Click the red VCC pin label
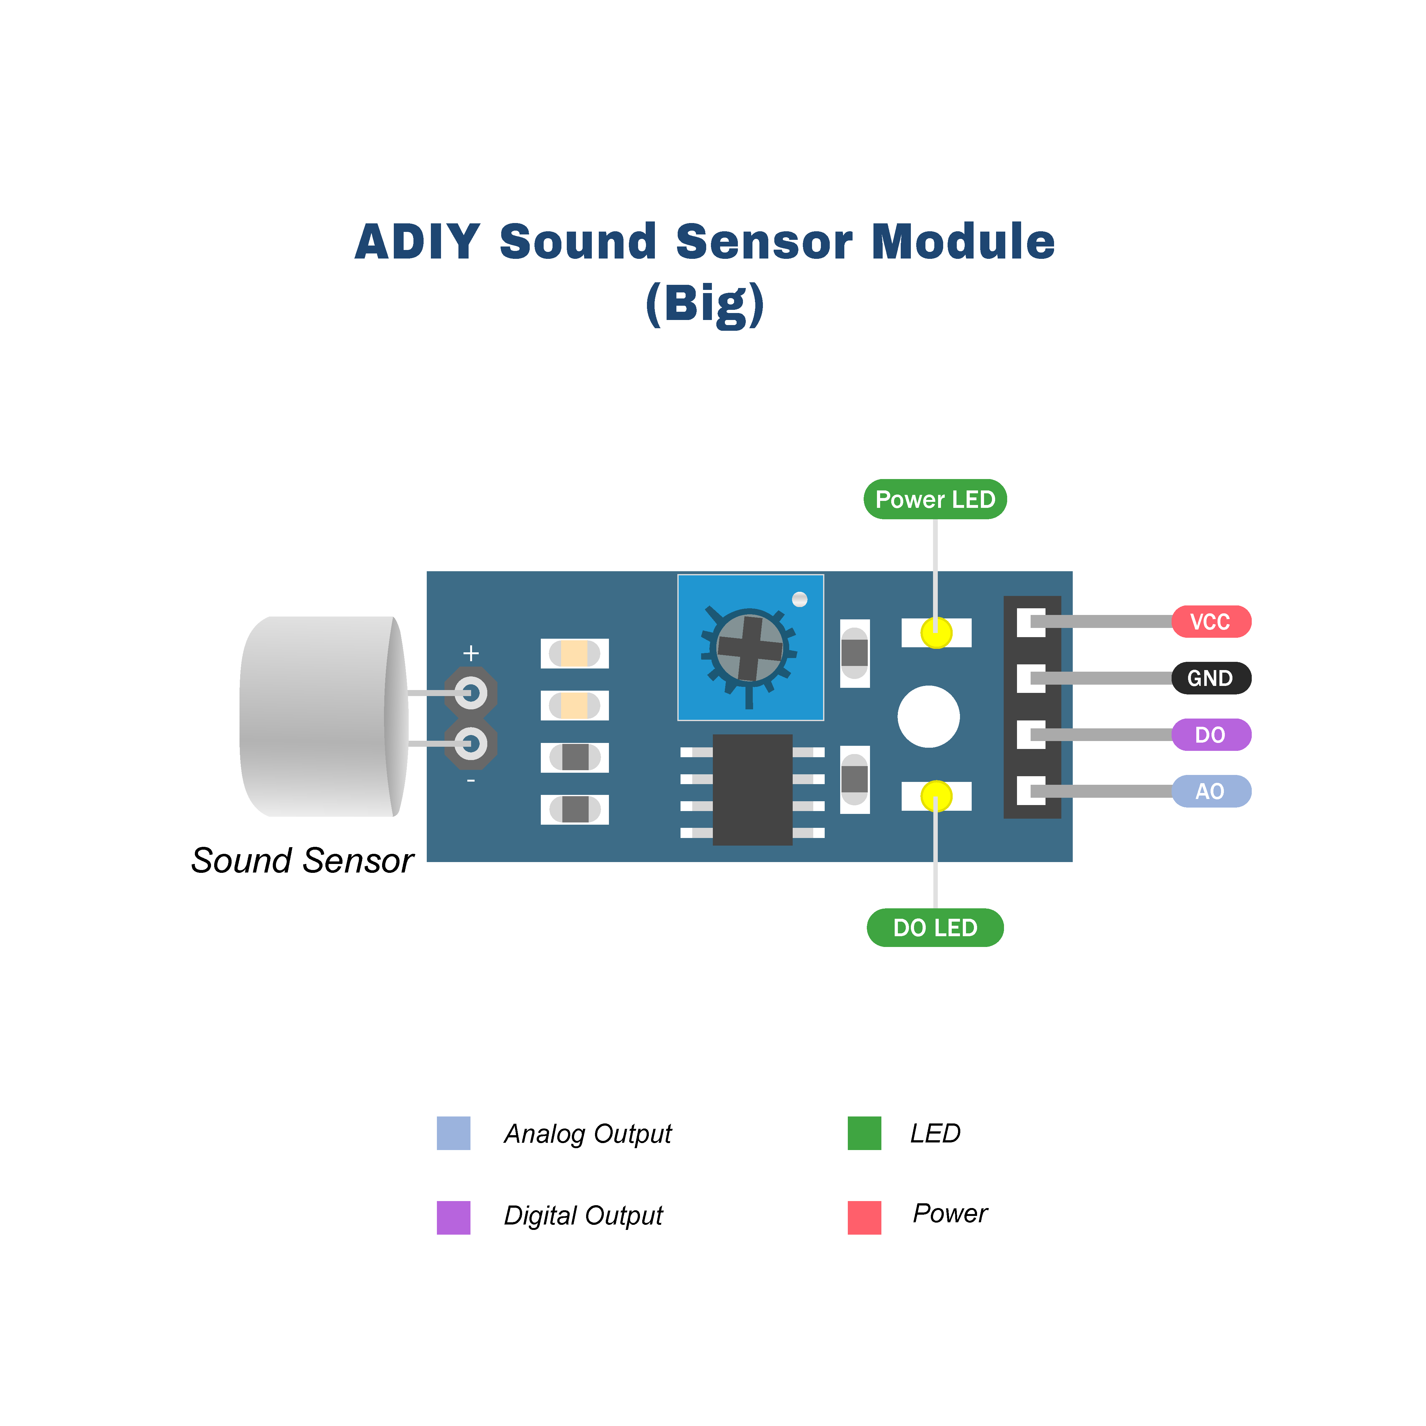point(1211,622)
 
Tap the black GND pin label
point(1211,678)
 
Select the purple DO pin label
point(1211,734)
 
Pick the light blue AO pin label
point(1211,791)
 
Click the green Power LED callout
point(935,500)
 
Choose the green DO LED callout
point(935,928)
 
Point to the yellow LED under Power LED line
point(936,633)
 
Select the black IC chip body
point(752,790)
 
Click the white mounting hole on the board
point(929,716)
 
